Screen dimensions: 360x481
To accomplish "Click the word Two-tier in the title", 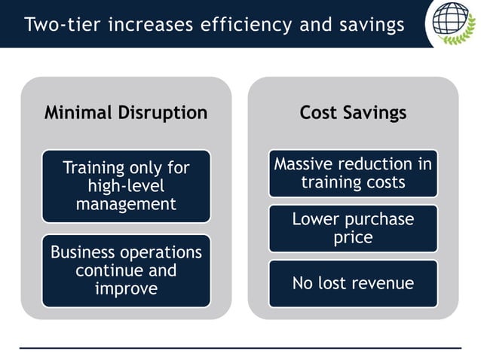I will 60,24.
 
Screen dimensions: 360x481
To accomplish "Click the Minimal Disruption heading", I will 126,113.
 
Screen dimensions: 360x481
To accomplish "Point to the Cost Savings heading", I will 353,113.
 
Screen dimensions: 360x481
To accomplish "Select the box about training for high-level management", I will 126,185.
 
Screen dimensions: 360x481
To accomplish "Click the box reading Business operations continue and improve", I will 126,270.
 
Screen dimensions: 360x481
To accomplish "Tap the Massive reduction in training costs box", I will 353,173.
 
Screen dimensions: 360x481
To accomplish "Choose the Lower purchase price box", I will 353,228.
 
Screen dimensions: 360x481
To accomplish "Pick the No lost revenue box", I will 353,283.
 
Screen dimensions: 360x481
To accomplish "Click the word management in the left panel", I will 126,203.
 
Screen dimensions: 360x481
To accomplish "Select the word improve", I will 126,288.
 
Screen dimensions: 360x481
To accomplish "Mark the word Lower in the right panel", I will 315,219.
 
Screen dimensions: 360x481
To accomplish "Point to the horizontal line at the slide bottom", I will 240,348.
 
